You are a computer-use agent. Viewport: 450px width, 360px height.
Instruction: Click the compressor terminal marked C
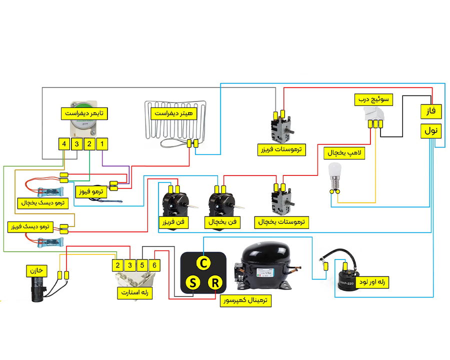pos(203,263)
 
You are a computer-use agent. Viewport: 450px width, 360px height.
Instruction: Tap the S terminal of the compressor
pos(192,282)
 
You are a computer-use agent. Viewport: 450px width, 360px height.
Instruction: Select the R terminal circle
pos(215,282)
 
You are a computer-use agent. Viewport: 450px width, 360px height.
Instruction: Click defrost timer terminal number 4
pos(64,144)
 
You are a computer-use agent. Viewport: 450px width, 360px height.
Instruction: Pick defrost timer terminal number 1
pos(102,144)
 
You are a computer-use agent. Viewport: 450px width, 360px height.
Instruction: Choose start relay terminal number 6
pos(154,265)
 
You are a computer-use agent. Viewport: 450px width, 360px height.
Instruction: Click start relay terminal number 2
pos(117,265)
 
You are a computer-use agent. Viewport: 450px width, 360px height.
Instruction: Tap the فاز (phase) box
pos(431,111)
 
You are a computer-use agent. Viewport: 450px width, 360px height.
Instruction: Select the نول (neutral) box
pos(431,131)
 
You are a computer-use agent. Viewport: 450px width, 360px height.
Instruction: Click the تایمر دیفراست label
pos(84,113)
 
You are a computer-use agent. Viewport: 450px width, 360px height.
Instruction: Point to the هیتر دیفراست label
pos(174,113)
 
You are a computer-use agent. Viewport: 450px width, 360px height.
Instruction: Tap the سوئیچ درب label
pos(373,99)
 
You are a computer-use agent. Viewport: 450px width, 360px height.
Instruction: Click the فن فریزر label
pos(173,222)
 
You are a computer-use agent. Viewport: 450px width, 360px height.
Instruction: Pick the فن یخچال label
pos(222,222)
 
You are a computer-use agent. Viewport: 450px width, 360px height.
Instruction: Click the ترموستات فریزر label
pos(281,149)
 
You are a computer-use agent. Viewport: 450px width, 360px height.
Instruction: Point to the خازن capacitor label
pos(36,270)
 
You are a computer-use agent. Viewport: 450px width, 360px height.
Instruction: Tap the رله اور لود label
pos(372,282)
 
